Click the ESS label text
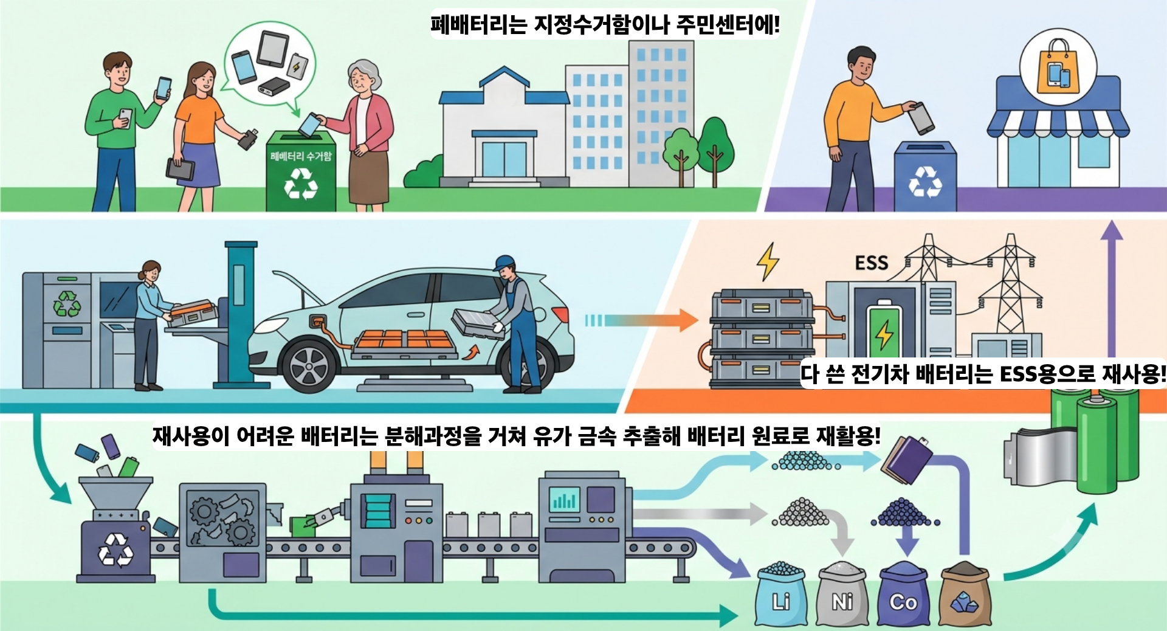[872, 263]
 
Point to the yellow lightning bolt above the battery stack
[768, 261]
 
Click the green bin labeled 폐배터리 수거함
[301, 172]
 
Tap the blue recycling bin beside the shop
[925, 177]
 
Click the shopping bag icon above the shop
[1058, 67]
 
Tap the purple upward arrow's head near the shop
[1112, 230]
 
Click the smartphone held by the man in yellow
[922, 118]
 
